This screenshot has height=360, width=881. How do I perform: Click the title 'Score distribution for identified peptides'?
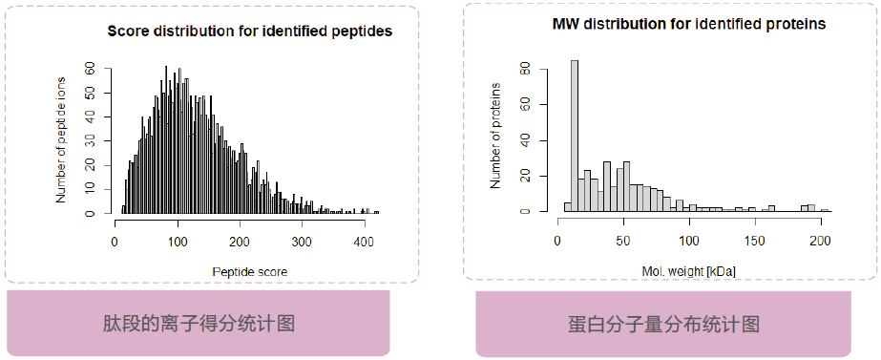(249, 32)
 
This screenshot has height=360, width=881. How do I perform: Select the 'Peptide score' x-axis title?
(248, 271)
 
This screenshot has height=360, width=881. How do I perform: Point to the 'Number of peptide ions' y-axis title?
(62, 139)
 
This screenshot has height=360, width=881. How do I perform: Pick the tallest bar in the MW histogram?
(575, 135)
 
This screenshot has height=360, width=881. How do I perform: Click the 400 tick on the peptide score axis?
(364, 242)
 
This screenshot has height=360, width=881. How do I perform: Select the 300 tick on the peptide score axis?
(302, 242)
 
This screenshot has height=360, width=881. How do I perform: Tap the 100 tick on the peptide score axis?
(178, 242)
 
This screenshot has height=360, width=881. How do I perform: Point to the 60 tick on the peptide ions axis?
(91, 69)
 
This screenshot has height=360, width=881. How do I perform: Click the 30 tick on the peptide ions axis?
(91, 141)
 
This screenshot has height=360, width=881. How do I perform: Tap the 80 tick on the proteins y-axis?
(525, 69)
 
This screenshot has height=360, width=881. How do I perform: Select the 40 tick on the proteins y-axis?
(525, 140)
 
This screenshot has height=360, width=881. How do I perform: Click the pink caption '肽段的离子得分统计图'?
(199, 323)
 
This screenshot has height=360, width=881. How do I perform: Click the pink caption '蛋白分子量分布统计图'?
(663, 324)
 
